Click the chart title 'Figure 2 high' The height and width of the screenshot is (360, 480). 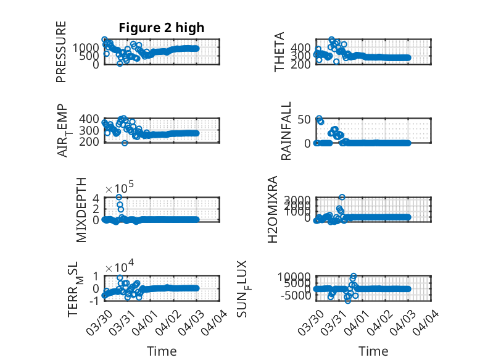[x=161, y=28]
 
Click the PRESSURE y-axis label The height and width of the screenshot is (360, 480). [x=61, y=52]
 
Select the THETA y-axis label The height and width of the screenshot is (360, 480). [x=279, y=52]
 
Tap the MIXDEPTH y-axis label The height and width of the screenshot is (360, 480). [x=81, y=210]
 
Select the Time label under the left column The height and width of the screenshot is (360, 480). [x=161, y=351]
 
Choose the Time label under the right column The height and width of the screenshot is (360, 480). [x=373, y=351]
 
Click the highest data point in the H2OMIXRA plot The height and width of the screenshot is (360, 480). [x=342, y=197]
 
